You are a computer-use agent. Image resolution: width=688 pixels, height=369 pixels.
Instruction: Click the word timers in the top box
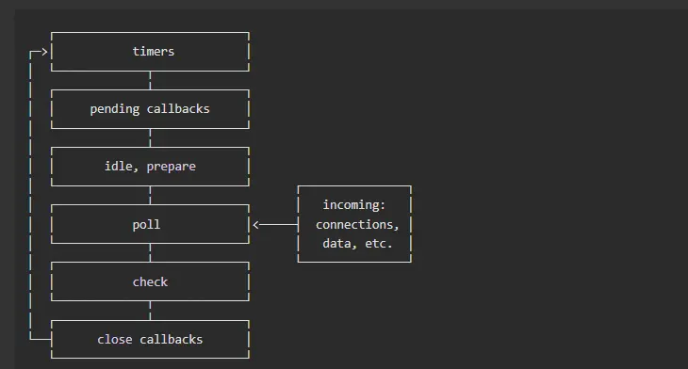pos(153,52)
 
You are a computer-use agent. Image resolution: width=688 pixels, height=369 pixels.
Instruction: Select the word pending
pos(114,109)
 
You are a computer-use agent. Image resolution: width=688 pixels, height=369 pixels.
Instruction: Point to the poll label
pos(146,225)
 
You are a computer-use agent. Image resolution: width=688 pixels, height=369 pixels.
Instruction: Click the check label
pos(150,282)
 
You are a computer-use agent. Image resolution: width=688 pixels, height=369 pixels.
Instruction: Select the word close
pos(115,340)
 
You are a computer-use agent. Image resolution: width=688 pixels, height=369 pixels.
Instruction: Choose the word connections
pos(357,225)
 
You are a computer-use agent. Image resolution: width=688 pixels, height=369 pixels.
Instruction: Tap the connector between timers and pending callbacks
pos(150,81)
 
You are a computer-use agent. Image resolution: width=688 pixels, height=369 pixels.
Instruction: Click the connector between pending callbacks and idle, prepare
pos(150,138)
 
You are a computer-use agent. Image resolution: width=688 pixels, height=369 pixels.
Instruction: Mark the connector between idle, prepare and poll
pos(150,196)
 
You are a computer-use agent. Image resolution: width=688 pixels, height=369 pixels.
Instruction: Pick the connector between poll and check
pos(150,253)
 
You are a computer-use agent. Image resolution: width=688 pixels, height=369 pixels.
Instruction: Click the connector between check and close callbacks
pos(150,311)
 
